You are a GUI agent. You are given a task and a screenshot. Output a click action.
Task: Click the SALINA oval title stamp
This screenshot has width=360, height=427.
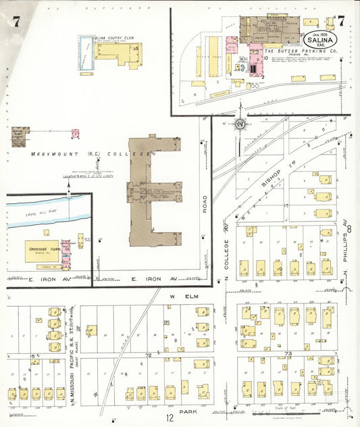321,38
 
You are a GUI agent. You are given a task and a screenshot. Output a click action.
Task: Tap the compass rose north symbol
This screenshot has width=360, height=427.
240,124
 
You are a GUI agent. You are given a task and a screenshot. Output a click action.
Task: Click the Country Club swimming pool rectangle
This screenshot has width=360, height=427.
85,53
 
